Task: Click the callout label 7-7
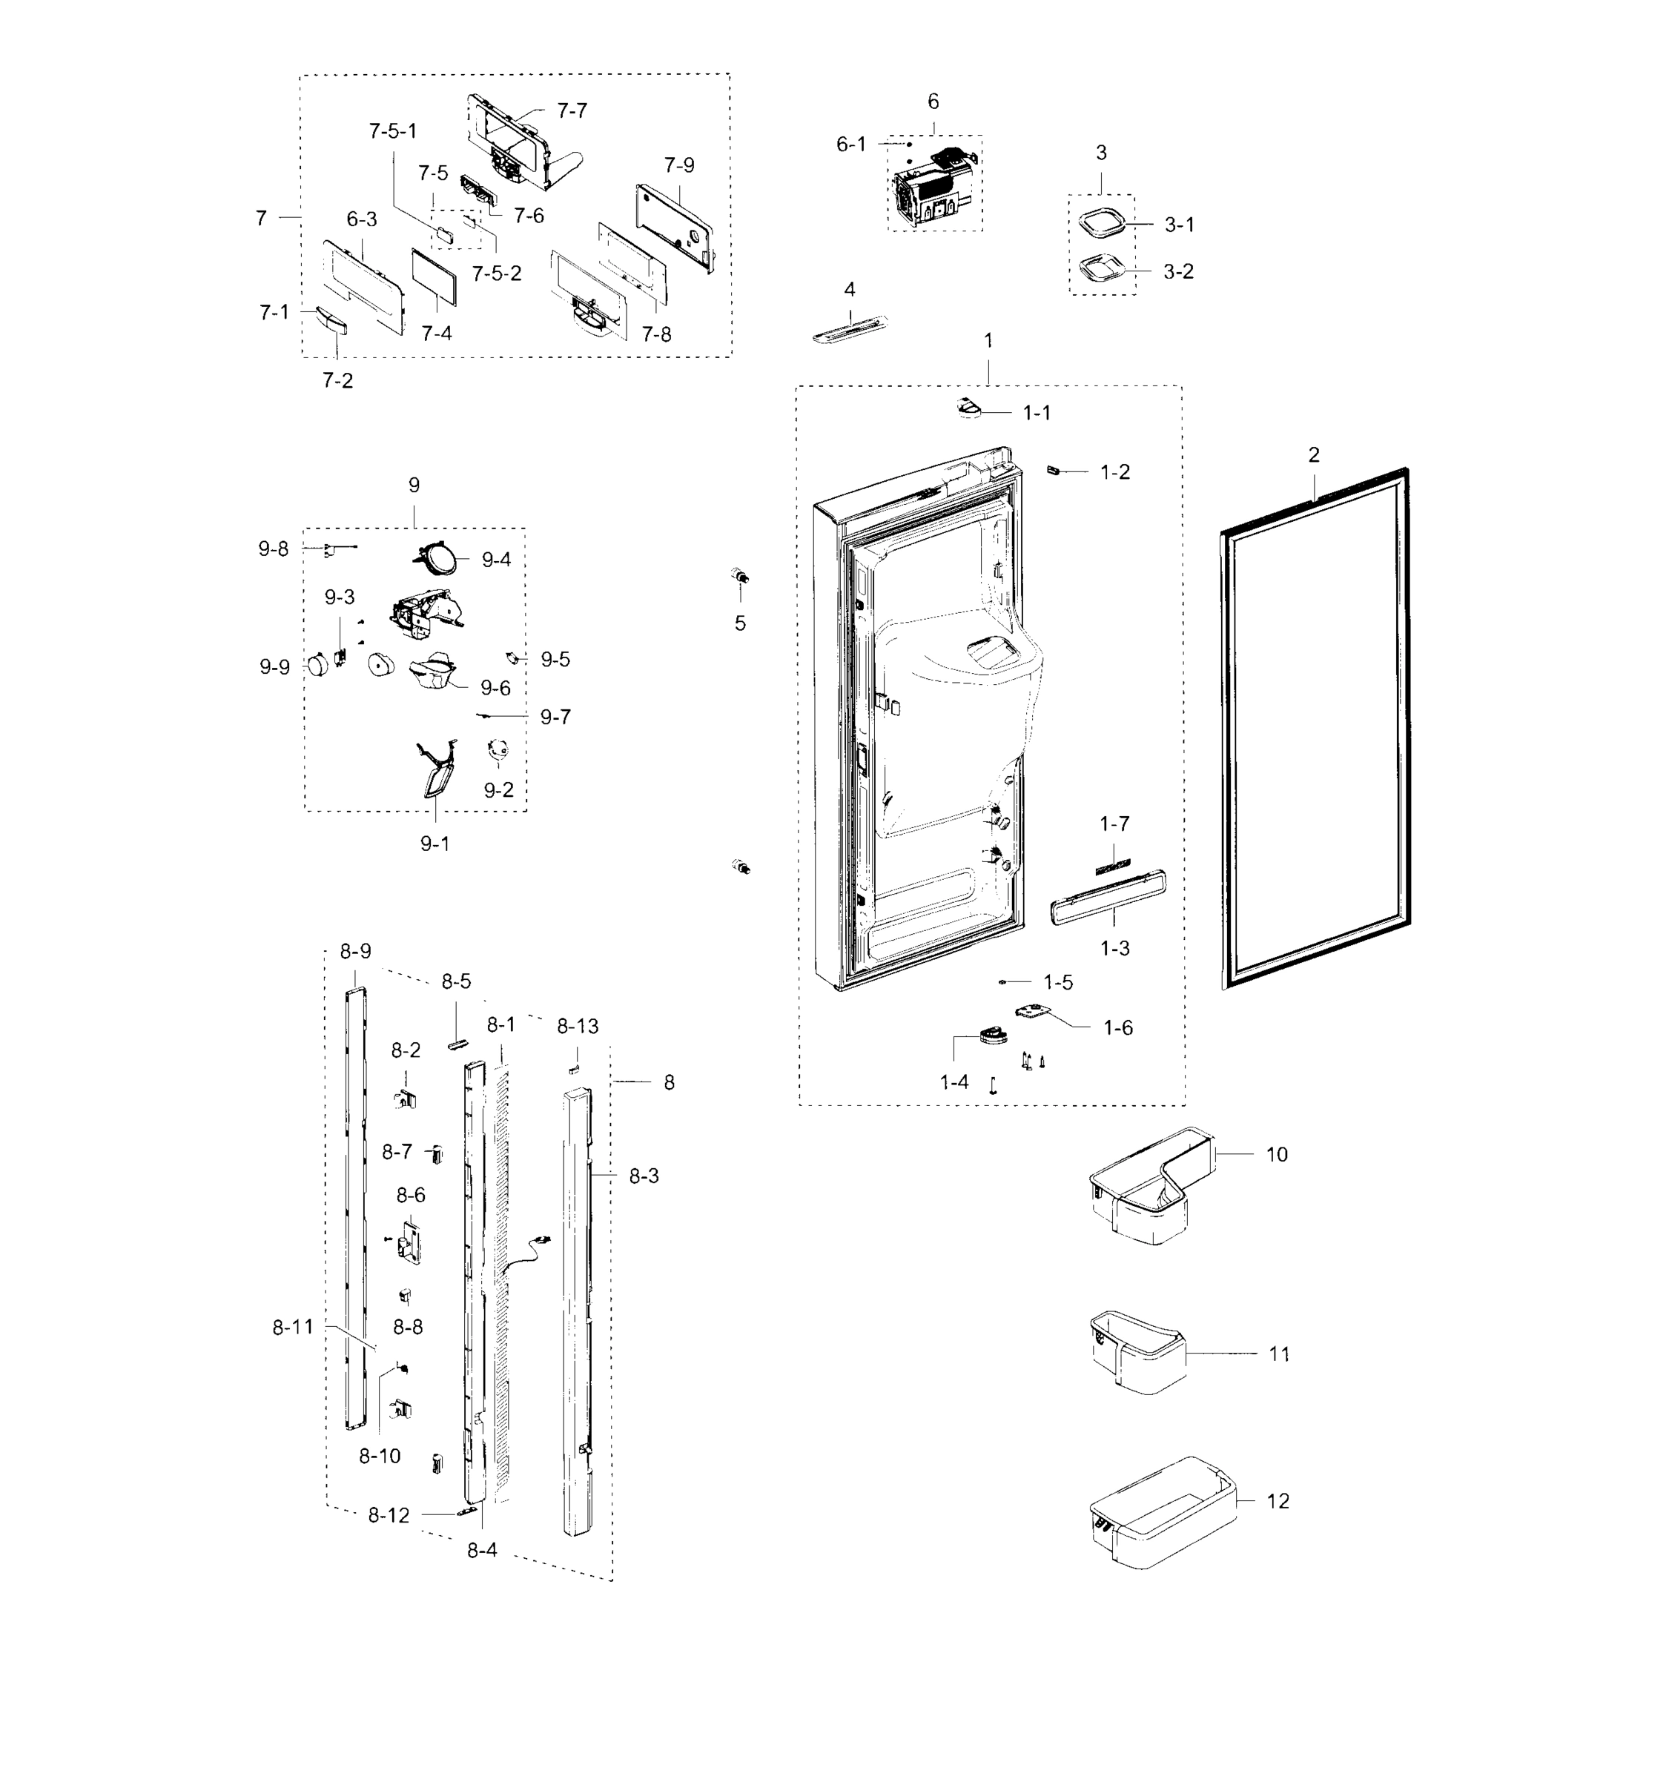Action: click(x=572, y=110)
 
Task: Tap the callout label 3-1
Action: click(x=1179, y=225)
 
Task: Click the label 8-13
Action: click(x=577, y=1027)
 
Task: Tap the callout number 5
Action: click(x=740, y=623)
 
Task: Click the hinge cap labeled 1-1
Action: click(x=967, y=409)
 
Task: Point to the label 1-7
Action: click(x=1114, y=824)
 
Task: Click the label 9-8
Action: click(x=274, y=549)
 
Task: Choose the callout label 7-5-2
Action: click(x=497, y=273)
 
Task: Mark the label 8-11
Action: click(x=293, y=1326)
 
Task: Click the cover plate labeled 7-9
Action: click(x=675, y=224)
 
